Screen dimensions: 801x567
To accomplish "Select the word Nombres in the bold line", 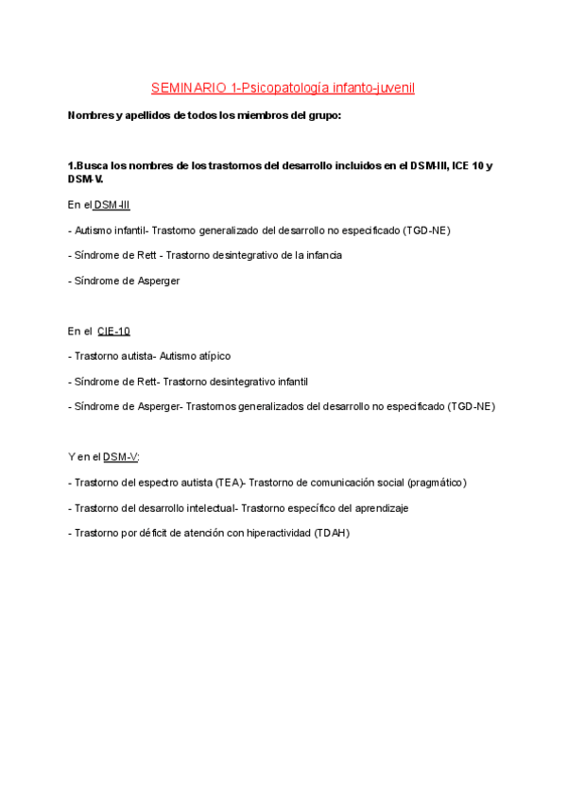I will point(93,116).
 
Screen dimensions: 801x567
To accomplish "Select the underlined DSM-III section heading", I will point(112,204).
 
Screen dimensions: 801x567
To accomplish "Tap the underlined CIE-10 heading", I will point(113,332).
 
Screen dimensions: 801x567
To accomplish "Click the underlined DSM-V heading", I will point(120,457).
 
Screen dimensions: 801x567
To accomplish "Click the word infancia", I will point(320,255).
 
